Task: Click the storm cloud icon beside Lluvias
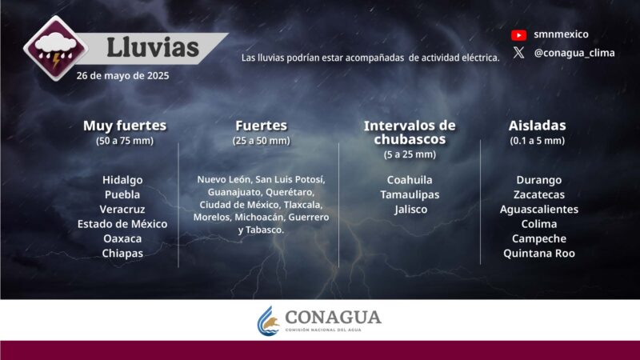(x=54, y=50)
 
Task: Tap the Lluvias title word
(x=153, y=47)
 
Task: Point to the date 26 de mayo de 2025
(x=123, y=76)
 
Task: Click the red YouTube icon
(x=518, y=34)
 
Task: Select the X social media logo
(x=518, y=53)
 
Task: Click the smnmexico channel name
(x=561, y=34)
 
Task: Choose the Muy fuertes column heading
(x=125, y=126)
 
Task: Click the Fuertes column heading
(x=261, y=126)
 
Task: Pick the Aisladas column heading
(x=537, y=126)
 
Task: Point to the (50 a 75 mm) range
(x=125, y=141)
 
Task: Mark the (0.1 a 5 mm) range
(x=537, y=141)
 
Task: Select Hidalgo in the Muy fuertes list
(x=122, y=179)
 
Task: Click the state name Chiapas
(x=122, y=253)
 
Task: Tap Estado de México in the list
(x=122, y=223)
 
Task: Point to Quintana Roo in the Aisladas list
(x=538, y=253)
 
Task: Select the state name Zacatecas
(x=538, y=194)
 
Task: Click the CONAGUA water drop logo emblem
(x=268, y=321)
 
